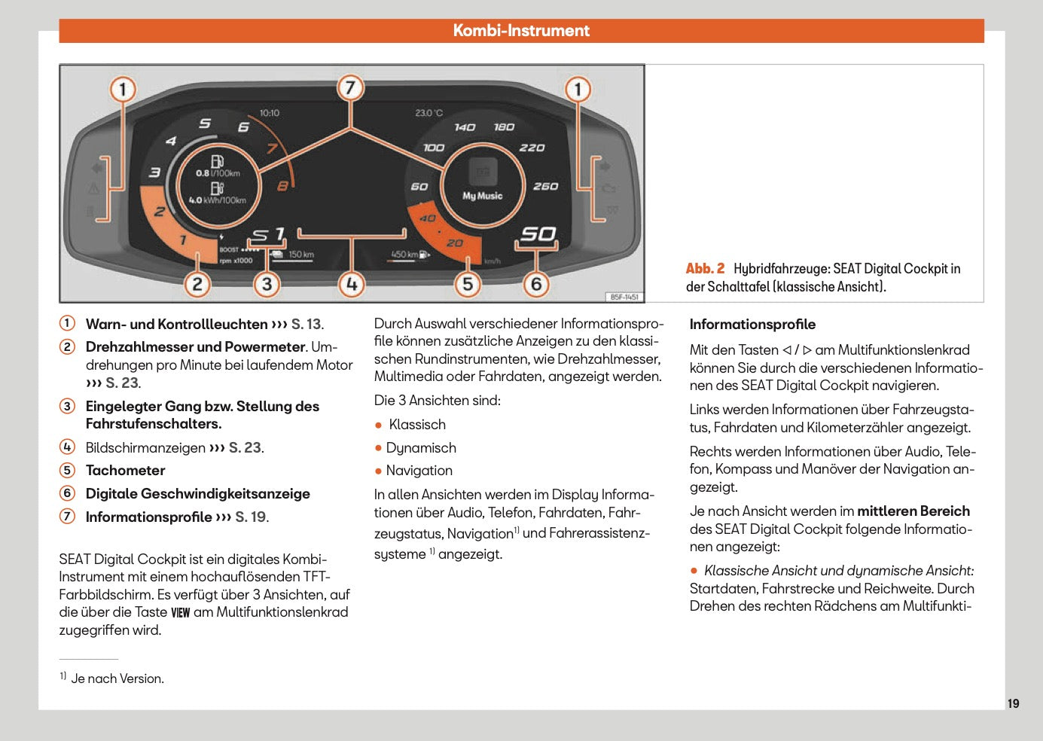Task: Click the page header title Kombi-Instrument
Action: point(521,31)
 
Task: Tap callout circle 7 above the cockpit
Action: point(350,88)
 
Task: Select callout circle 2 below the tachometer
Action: point(197,284)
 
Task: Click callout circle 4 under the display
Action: point(351,284)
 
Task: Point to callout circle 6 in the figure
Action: point(536,284)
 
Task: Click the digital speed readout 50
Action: point(538,234)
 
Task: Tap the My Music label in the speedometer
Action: point(482,196)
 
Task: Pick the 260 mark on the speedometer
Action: point(545,186)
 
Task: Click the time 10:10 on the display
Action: point(270,113)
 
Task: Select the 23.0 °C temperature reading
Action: point(428,113)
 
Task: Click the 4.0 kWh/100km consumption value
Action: point(217,200)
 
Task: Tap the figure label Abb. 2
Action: point(705,269)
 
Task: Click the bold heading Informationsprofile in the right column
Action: point(752,325)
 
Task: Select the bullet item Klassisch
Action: point(417,425)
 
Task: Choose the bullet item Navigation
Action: point(419,471)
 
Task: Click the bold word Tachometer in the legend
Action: point(125,471)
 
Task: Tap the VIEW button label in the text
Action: point(180,613)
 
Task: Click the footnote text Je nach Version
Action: point(117,678)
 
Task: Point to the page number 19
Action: point(1013,703)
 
